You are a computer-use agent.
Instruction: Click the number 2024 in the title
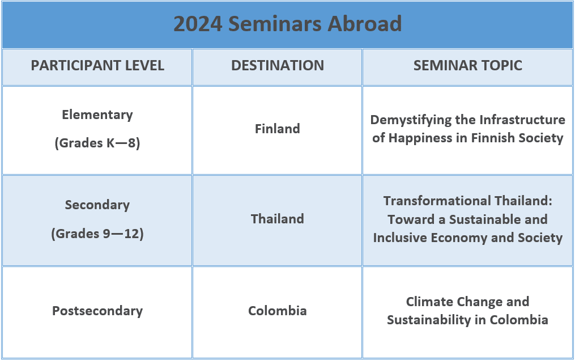pos(198,24)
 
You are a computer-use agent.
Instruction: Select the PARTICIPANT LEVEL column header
pos(97,66)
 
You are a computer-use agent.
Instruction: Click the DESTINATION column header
pos(278,66)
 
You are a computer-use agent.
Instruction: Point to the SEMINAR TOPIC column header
pos(468,66)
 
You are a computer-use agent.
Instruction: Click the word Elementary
pos(97,115)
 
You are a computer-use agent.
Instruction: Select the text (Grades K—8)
pos(97,143)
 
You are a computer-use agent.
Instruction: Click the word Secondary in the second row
pos(97,205)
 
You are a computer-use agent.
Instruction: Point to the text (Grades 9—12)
pos(97,234)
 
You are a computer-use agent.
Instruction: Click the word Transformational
pos(437,201)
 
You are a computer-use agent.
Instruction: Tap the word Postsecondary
pos(97,311)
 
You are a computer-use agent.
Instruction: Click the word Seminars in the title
pos(275,24)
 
